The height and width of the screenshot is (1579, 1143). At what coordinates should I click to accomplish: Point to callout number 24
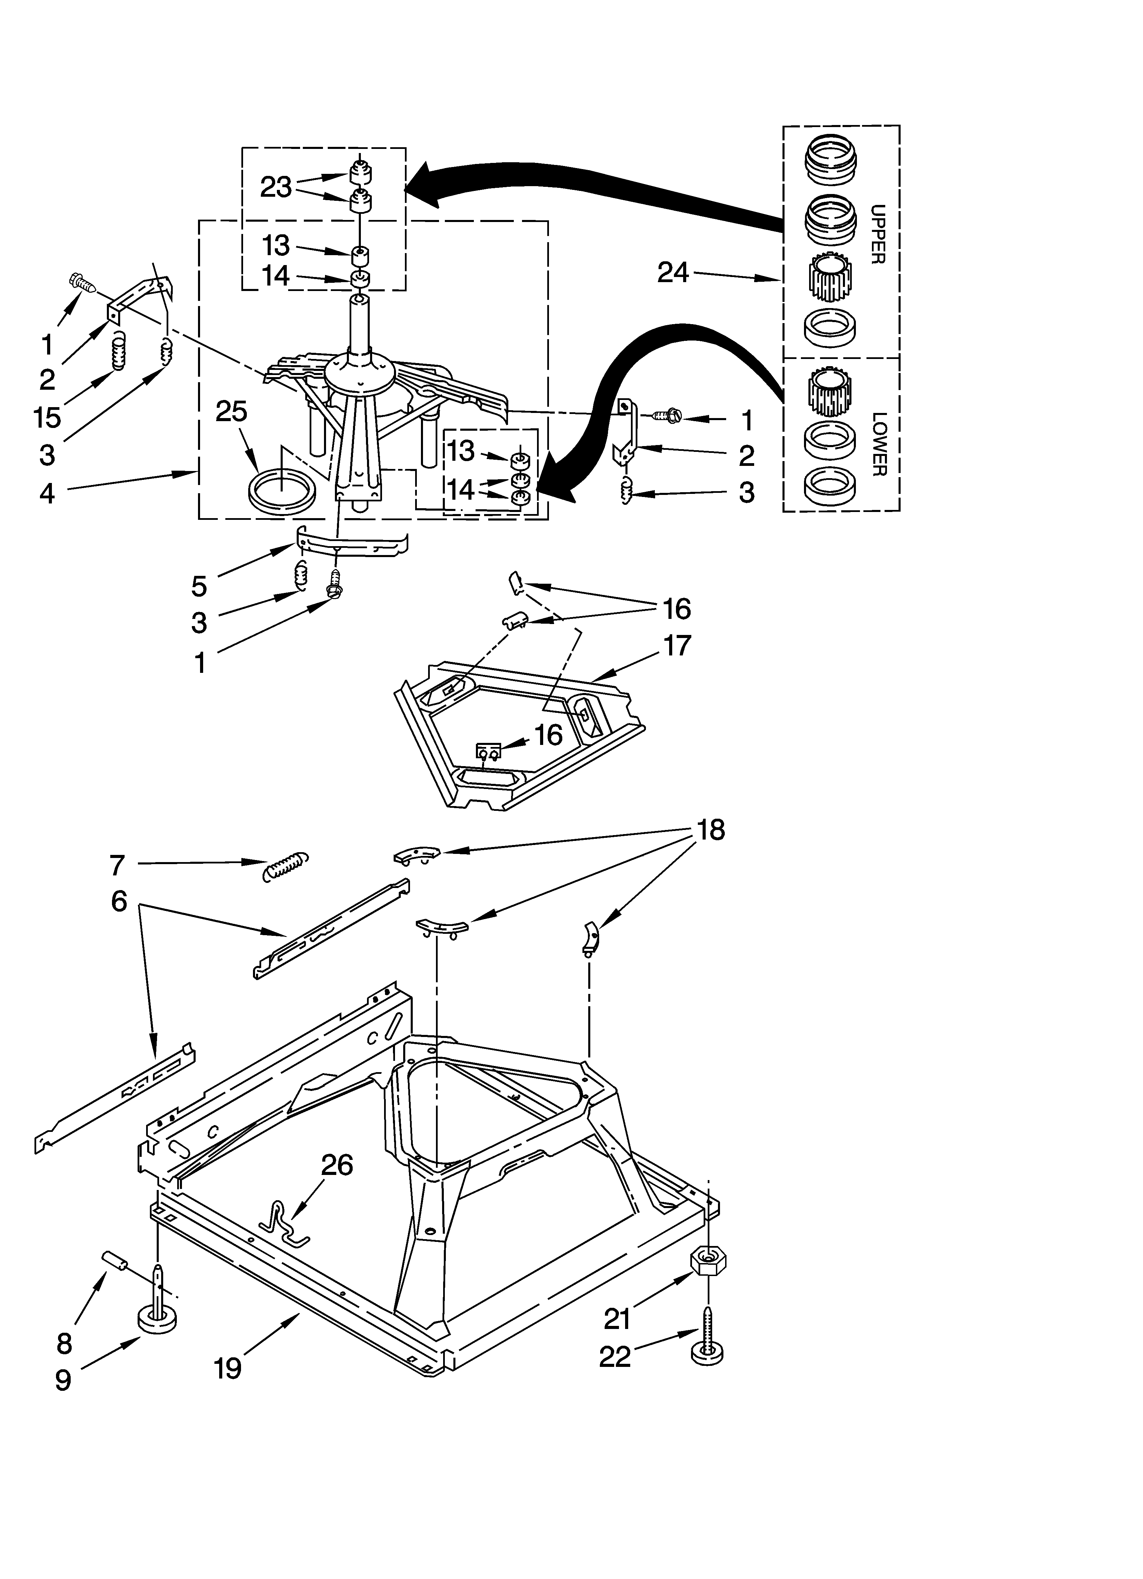[673, 272]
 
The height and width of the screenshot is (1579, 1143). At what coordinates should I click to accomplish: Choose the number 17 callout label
[677, 646]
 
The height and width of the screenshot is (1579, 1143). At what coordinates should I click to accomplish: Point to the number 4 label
[47, 493]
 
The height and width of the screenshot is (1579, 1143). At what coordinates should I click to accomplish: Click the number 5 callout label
[199, 586]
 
